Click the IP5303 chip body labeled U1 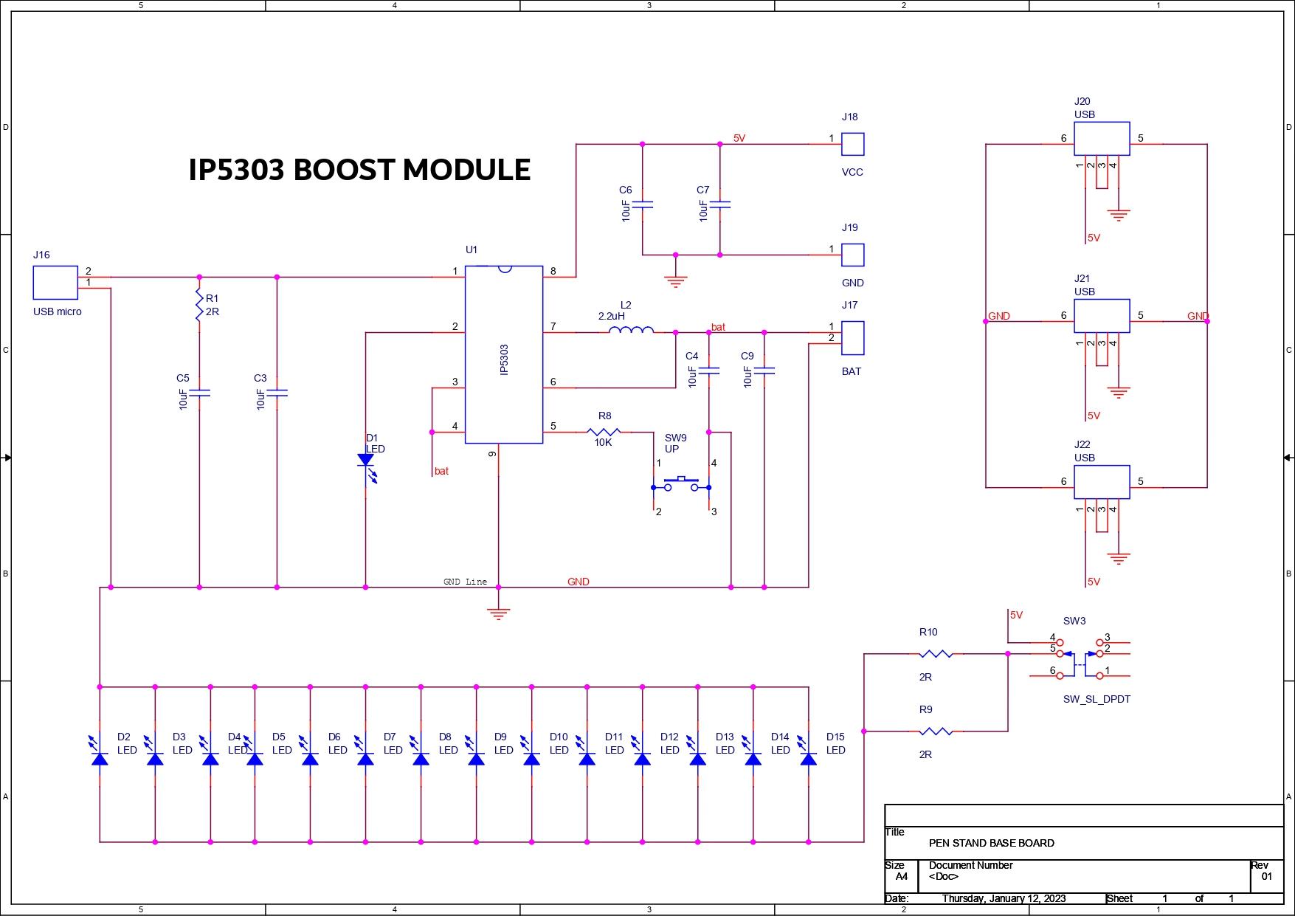(504, 354)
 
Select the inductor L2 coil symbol (631, 330)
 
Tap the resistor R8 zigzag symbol (604, 432)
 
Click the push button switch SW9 (681, 485)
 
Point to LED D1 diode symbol (365, 461)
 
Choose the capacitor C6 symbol (643, 204)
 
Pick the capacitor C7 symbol (720, 204)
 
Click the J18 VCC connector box (853, 144)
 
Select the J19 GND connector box (853, 255)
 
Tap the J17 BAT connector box (853, 338)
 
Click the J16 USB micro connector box (55, 283)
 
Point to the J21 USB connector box (1102, 316)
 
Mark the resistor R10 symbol (936, 653)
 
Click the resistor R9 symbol (936, 731)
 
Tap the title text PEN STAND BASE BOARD (991, 843)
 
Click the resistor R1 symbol (199, 305)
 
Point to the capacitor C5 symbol (199, 393)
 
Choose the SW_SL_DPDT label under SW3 (1097, 699)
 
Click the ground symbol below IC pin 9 (499, 613)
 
